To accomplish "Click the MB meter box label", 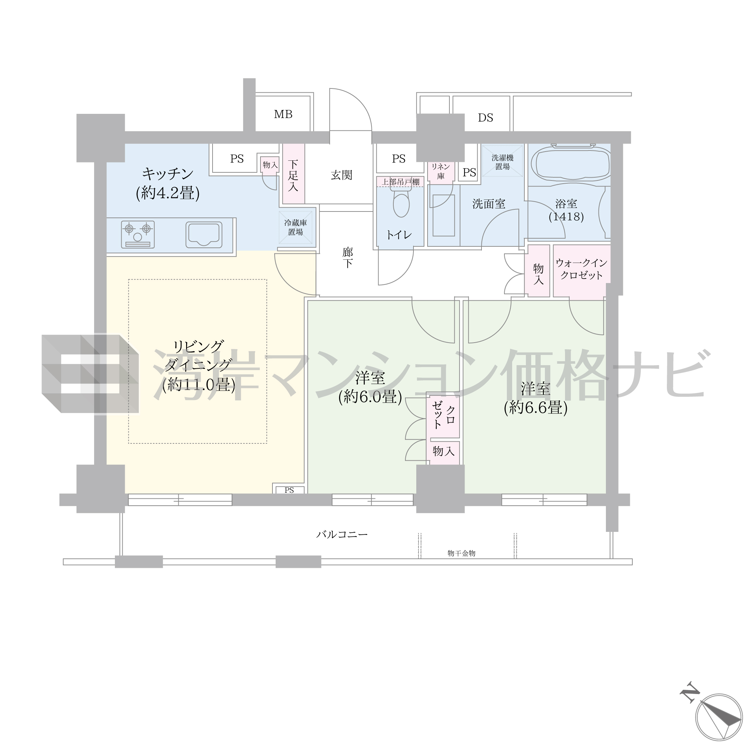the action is coord(283,114).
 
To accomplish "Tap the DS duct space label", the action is coord(485,118).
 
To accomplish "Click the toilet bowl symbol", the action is coord(401,201).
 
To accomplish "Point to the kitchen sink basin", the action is coord(204,234).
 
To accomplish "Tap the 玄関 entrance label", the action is coord(342,175).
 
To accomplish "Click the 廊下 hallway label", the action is coord(348,258).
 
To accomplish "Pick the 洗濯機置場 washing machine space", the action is coord(502,161).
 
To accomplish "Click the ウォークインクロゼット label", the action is coord(582,269).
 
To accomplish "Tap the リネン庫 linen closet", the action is coord(441,172).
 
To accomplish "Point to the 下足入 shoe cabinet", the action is coord(293,173).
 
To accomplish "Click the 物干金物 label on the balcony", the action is coord(461,553).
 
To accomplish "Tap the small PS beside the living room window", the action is coord(289,490).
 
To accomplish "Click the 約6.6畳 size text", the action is coord(536,408).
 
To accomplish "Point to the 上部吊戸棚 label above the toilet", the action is coord(400,182).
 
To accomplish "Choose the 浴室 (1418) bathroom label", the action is coord(566,210).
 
